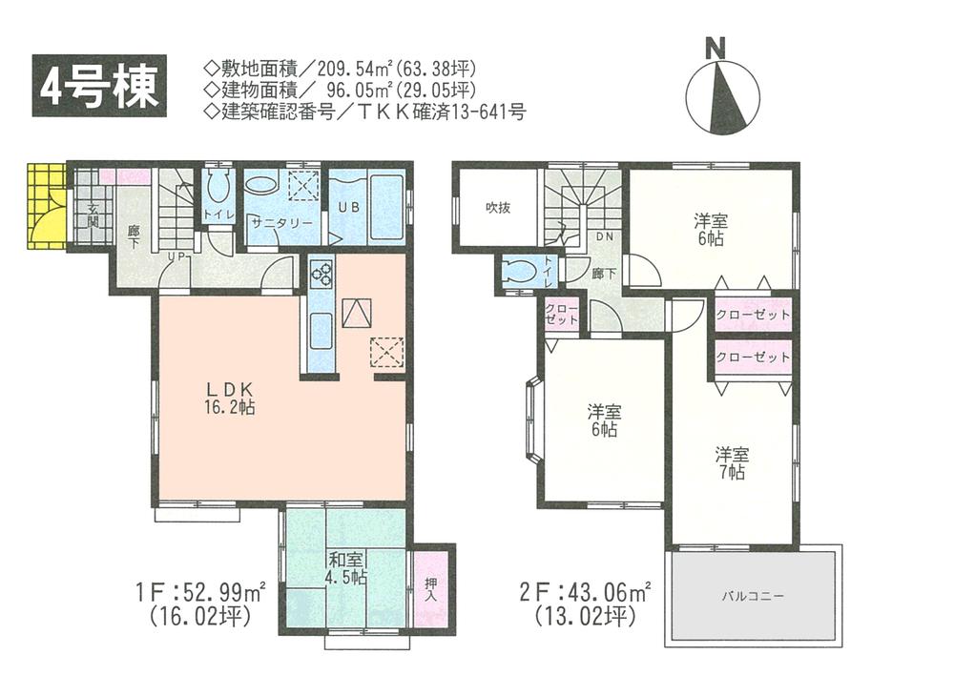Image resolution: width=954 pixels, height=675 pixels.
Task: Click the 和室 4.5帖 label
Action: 345,568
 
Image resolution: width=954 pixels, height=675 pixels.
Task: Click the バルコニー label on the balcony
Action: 752,596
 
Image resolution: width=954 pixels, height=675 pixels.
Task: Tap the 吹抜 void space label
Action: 496,207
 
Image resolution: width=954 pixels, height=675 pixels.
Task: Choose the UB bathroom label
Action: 344,203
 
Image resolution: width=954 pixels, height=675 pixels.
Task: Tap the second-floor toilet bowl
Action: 520,271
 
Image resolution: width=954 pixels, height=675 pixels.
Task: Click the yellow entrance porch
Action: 46,206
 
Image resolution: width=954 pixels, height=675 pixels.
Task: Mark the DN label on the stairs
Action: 604,235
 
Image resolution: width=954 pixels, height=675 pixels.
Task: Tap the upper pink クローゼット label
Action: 753,315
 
